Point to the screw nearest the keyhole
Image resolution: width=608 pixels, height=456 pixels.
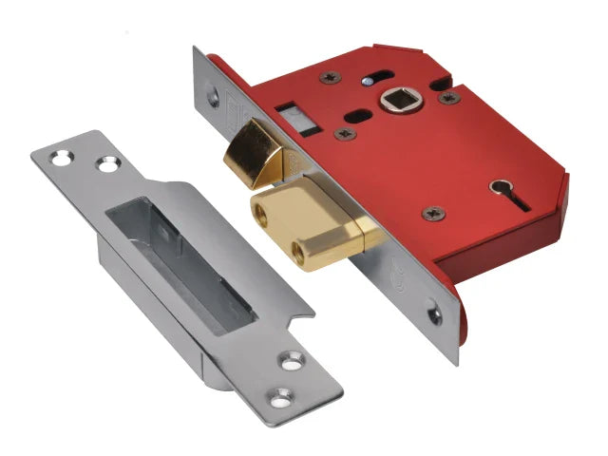[x=433, y=214]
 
